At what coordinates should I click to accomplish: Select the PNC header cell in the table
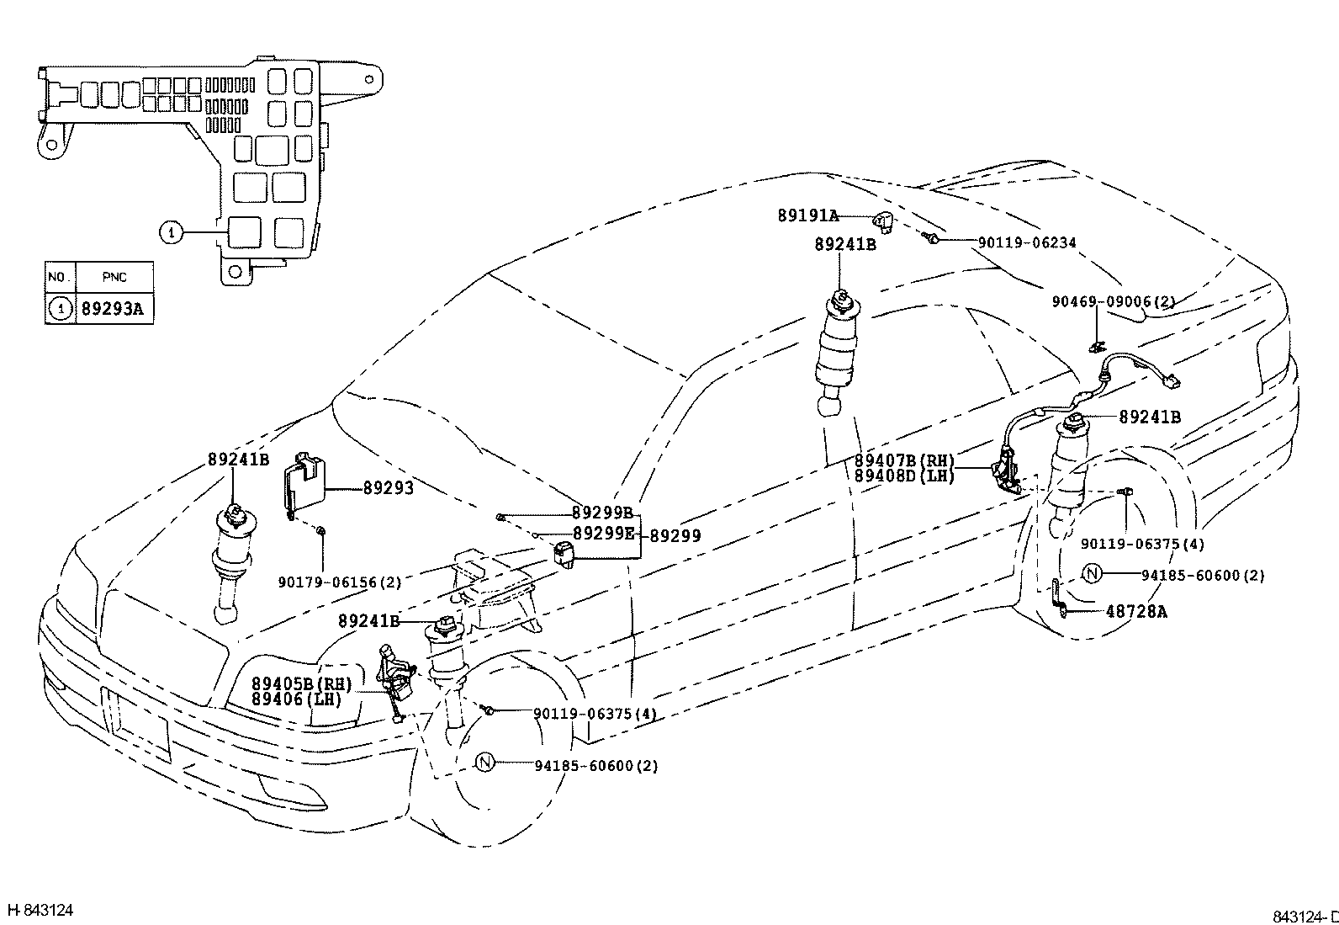pos(114,276)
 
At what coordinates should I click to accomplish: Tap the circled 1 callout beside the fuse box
pos(172,231)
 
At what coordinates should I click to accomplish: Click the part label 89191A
pos(807,216)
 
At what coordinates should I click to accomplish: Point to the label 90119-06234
pos(1026,243)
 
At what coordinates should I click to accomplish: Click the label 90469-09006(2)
pos(1113,301)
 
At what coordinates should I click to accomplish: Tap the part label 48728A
pos(1135,612)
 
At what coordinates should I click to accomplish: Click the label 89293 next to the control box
pos(388,488)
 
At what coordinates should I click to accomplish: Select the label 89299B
pos(602,513)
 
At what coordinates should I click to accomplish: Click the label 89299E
pos(602,533)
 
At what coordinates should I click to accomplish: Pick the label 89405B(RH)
pos(301,683)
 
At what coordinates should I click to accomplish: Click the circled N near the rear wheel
pos(1092,575)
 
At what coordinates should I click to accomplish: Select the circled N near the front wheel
pos(485,763)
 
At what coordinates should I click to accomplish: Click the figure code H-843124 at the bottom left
pos(40,910)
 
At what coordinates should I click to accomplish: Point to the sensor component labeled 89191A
pos(881,222)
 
